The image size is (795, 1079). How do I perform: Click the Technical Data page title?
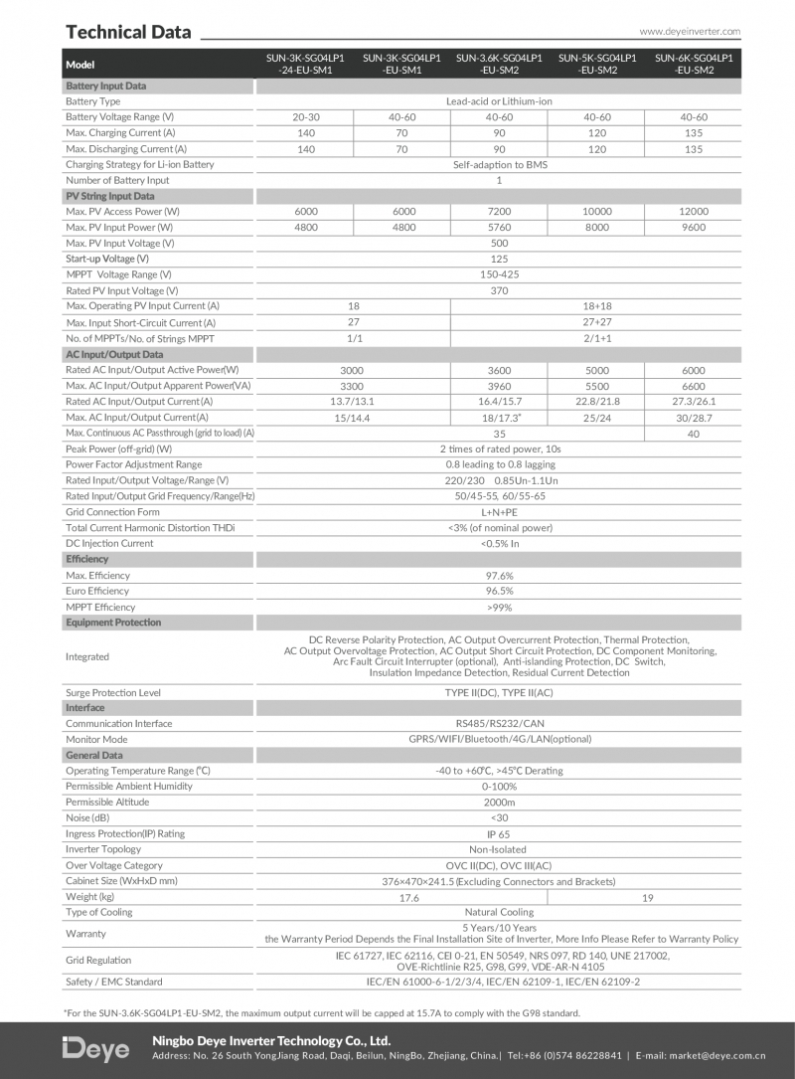[128, 32]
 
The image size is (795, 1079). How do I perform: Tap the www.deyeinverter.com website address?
[690, 32]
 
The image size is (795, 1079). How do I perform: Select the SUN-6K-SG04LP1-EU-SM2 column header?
[694, 64]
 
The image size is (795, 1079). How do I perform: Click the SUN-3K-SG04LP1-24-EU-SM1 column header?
[305, 64]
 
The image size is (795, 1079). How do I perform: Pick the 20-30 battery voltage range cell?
[305, 117]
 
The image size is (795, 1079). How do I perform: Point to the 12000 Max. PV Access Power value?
[694, 212]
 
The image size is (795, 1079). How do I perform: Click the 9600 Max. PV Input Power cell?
[694, 228]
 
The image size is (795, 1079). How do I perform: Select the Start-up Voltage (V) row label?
[107, 259]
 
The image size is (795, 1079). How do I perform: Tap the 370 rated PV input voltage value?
[499, 290]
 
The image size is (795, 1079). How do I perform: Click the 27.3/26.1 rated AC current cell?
[694, 402]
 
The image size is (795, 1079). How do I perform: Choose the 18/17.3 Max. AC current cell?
[499, 418]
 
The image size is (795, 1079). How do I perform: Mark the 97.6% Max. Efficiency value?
[499, 576]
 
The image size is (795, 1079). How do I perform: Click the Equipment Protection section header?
[113, 623]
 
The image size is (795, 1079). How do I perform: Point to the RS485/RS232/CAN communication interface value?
[499, 724]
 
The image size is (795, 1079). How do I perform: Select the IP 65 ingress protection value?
[499, 834]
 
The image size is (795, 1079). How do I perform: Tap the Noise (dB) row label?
[87, 818]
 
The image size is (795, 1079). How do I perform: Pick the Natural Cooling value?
[499, 912]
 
